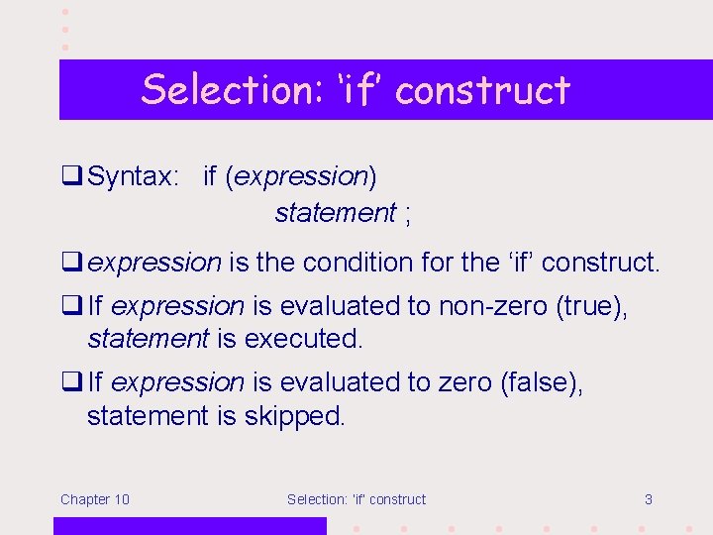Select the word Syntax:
click(x=133, y=176)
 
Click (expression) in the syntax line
click(x=301, y=176)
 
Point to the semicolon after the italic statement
click(x=408, y=213)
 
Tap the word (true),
click(x=593, y=307)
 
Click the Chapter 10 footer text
click(x=95, y=499)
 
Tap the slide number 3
click(x=649, y=499)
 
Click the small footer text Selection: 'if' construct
click(x=356, y=499)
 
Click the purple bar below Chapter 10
click(x=188, y=526)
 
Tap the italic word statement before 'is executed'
click(x=149, y=339)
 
